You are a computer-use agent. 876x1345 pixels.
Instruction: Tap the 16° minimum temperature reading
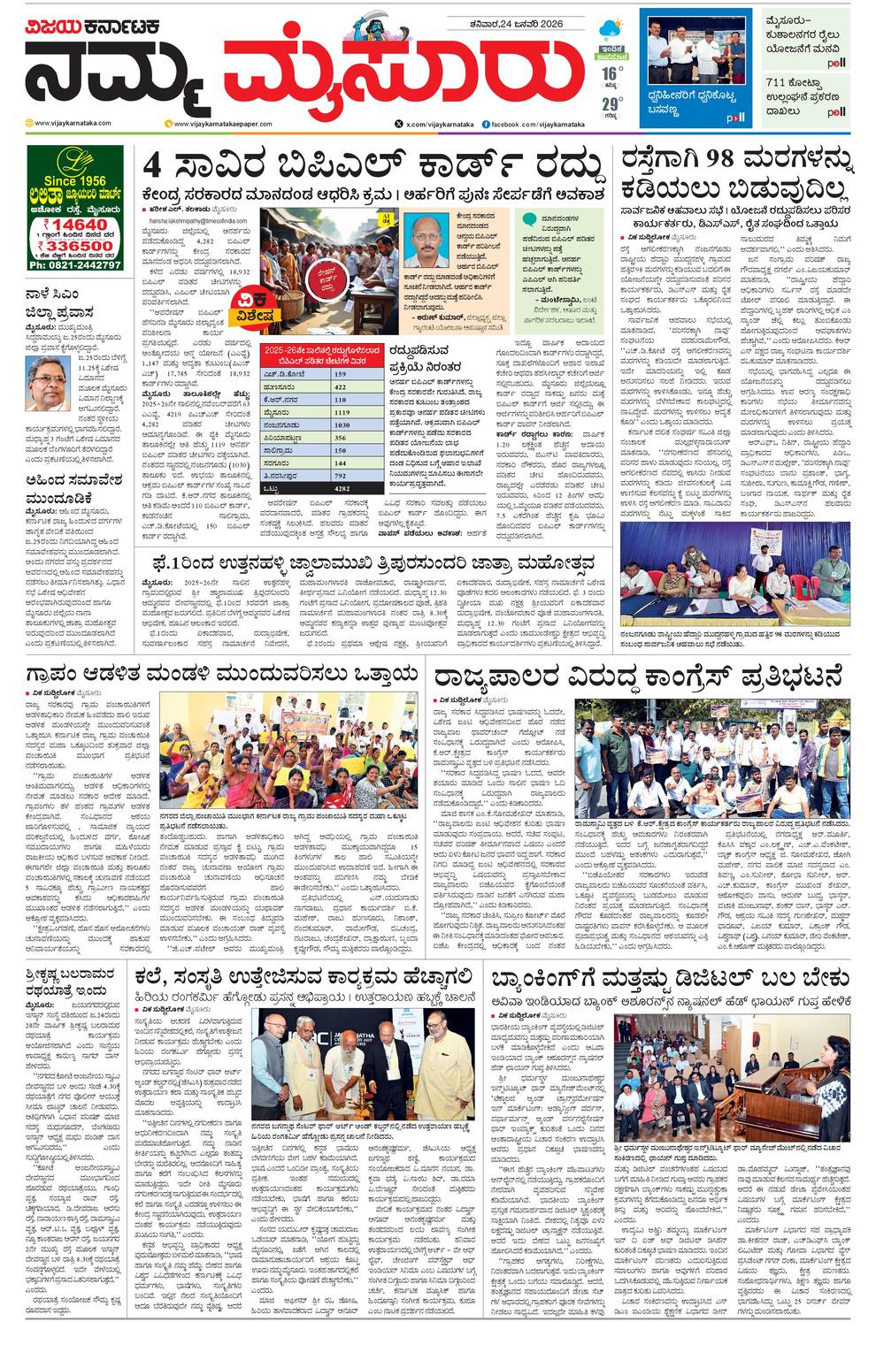click(608, 72)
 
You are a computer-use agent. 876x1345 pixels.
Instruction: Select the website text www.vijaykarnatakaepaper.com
click(228, 125)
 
